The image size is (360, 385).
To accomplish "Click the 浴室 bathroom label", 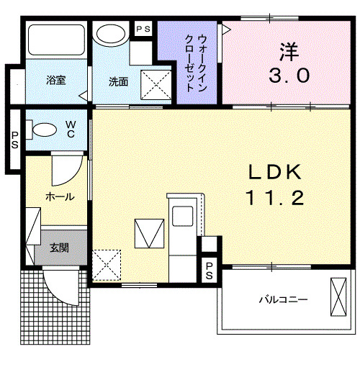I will [56, 81].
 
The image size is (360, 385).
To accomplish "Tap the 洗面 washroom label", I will [118, 81].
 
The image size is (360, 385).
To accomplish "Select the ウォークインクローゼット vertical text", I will [191, 63].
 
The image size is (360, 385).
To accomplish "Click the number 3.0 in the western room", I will [291, 74].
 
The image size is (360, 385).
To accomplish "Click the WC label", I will [71, 129].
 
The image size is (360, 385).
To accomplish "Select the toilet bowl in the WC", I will [43, 130].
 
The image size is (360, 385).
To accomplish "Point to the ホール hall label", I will [59, 196].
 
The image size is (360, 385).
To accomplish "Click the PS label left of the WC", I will [14, 140].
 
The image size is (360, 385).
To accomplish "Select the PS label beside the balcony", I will [210, 271].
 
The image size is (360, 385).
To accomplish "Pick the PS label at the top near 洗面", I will [143, 29].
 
